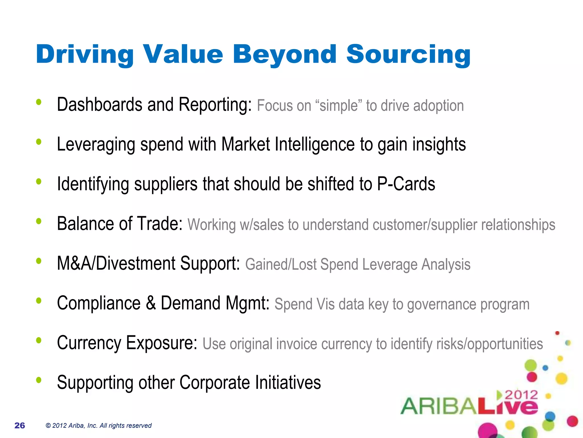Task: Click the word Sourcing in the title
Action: click(408, 54)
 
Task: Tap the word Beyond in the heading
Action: click(284, 54)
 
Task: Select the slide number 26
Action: click(20, 425)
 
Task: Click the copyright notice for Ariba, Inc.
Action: click(98, 425)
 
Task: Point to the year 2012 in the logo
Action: click(521, 395)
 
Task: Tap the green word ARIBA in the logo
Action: click(438, 406)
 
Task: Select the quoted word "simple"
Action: click(338, 106)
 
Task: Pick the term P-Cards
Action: click(406, 184)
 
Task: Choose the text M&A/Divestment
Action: click(116, 263)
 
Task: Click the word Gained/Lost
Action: click(281, 265)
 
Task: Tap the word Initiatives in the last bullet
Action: click(288, 382)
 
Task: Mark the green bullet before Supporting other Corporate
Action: click(39, 380)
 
